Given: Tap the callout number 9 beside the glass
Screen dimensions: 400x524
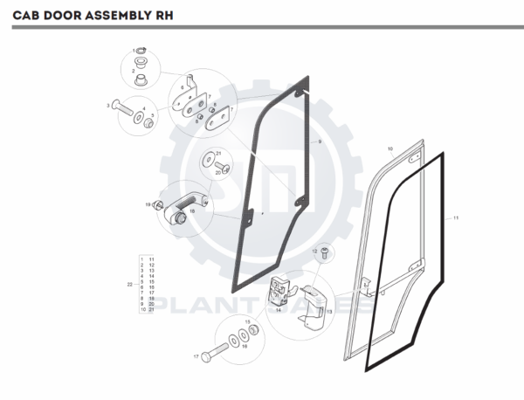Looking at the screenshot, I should pyautogui.click(x=320, y=141).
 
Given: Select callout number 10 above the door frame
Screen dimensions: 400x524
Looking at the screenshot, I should pyautogui.click(x=390, y=149).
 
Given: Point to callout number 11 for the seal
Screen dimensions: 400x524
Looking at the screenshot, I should pyautogui.click(x=456, y=219).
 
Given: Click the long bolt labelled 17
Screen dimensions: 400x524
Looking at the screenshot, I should pyautogui.click(x=209, y=357).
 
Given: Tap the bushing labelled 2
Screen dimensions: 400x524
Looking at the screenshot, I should pyautogui.click(x=140, y=80).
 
